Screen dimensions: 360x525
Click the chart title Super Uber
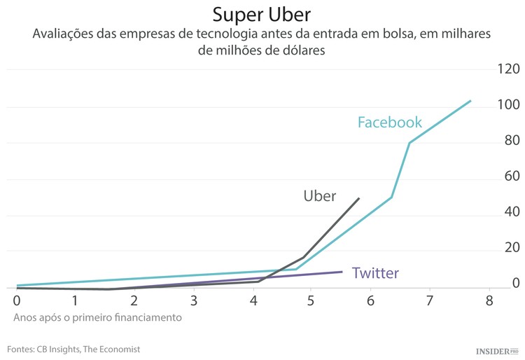(262, 15)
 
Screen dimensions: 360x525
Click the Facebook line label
(390, 123)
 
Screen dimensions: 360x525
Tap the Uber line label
(320, 196)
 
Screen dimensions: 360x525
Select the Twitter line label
(375, 273)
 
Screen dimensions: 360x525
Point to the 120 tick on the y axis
(507, 69)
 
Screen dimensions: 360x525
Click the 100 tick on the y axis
(507, 105)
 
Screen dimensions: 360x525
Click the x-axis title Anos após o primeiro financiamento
(97, 317)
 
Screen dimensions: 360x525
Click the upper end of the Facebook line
(470, 101)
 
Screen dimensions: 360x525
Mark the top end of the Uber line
(359, 198)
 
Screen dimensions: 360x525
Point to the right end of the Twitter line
(342, 272)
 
